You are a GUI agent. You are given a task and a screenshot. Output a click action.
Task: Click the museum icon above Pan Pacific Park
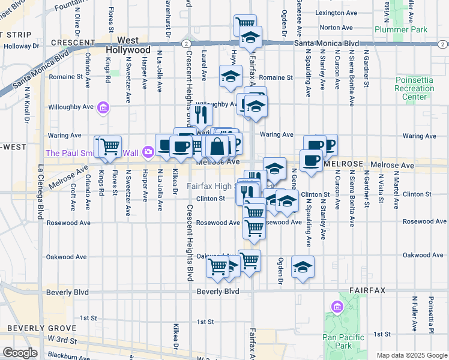[336, 308]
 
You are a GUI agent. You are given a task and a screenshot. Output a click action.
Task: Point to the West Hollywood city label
[130, 45]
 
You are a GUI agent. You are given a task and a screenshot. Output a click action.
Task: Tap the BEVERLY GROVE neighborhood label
[41, 328]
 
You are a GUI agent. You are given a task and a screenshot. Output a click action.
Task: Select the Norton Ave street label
[336, 28]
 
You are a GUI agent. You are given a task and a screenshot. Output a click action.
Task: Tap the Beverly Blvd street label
[218, 292]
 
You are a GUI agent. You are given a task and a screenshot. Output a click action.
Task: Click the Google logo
[20, 353]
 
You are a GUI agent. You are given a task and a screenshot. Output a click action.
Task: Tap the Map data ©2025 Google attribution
[411, 355]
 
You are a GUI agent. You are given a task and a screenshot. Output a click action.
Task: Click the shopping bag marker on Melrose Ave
[217, 146]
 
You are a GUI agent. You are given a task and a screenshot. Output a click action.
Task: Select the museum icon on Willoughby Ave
[103, 107]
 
